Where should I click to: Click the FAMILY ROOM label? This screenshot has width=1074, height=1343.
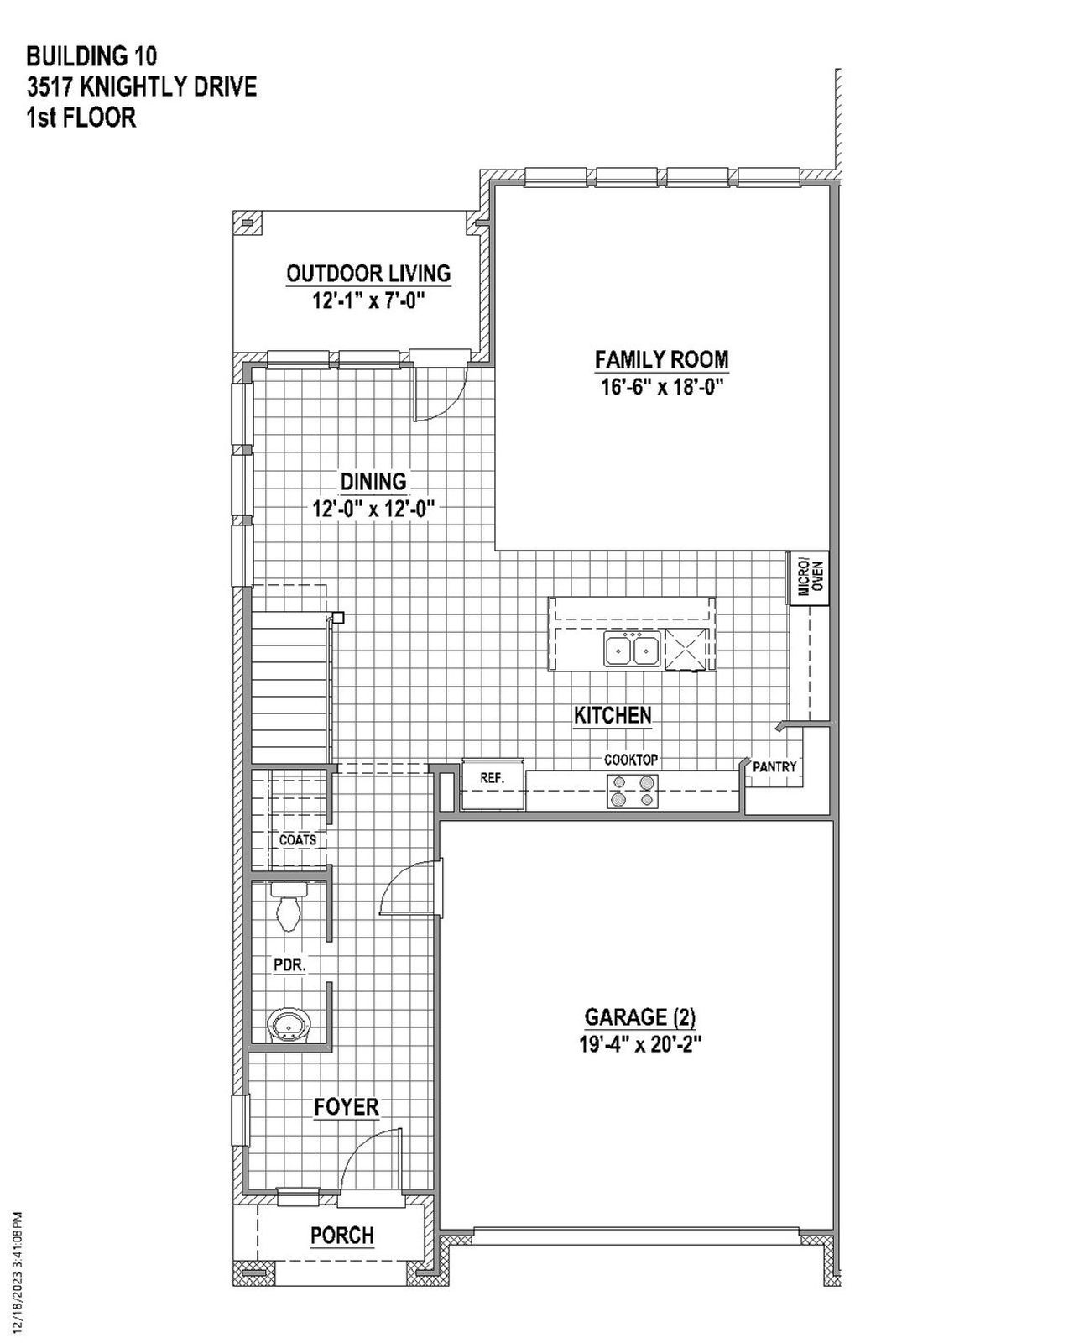click(x=661, y=359)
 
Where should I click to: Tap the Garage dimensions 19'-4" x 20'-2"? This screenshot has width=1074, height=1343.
click(x=640, y=1045)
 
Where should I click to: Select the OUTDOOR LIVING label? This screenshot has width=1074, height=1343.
click(x=368, y=274)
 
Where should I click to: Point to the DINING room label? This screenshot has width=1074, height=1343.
click(x=373, y=482)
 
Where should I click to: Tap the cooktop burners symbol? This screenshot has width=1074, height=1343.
click(x=632, y=791)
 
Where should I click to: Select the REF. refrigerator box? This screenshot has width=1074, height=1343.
click(x=493, y=785)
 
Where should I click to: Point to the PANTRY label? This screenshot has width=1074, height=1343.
click(x=774, y=766)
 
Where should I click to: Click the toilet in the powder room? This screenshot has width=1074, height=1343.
click(x=288, y=911)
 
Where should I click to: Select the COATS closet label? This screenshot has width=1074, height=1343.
click(x=298, y=839)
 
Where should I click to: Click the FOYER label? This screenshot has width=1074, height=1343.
click(x=347, y=1107)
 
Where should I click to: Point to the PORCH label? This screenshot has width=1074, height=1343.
click(x=342, y=1236)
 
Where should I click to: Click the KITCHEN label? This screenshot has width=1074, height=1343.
click(x=613, y=715)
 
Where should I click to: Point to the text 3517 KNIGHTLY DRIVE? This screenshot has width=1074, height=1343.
click(x=142, y=87)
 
